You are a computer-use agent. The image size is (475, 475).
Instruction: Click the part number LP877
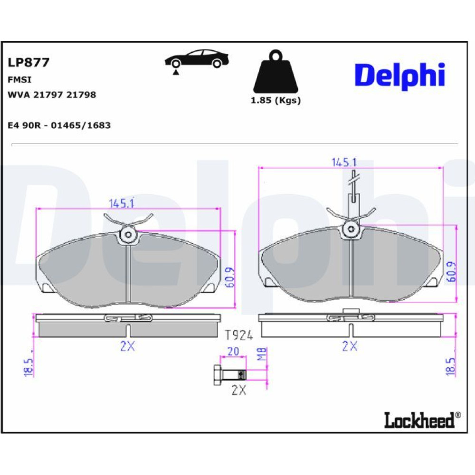28,62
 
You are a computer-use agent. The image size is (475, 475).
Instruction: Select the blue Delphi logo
400,76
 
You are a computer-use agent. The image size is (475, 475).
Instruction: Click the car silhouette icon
197,60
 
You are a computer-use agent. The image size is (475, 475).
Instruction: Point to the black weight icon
275,72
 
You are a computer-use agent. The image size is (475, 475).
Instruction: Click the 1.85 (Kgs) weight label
275,100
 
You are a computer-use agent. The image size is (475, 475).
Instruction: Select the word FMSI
19,80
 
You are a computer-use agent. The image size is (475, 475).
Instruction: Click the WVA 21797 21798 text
52,95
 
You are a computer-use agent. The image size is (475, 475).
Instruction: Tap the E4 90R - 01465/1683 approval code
59,125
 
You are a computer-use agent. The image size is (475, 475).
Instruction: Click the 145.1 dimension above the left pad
122,203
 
